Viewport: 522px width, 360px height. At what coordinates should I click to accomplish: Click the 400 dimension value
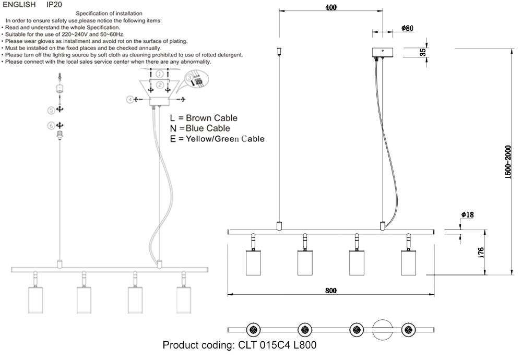pos(330,8)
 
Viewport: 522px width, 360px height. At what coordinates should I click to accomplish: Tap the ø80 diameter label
pos(407,28)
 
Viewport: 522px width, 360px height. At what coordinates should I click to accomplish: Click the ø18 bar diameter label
pos(467,215)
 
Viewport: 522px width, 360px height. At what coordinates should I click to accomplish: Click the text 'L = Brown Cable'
pos(207,118)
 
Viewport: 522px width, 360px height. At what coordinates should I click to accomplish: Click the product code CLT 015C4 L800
pos(240,345)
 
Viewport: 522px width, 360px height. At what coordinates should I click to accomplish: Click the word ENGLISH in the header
pos(19,4)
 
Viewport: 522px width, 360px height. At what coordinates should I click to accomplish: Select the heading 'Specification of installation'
pos(109,13)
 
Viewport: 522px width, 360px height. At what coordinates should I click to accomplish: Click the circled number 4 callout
pos(128,99)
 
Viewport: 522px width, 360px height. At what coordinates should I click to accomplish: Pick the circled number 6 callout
pos(51,125)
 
